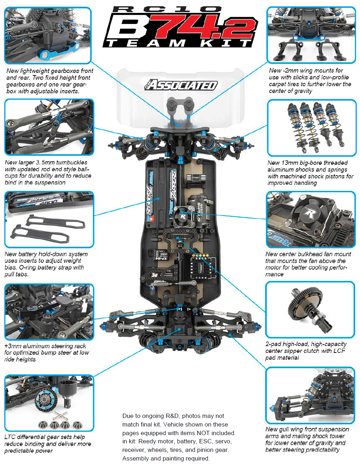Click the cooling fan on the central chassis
pyautogui.click(x=182, y=216)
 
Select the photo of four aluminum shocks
pyautogui.click(x=312, y=128)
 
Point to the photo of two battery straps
pyautogui.click(x=49, y=220)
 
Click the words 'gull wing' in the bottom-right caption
pyautogui.click(x=292, y=429)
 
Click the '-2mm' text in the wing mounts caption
pyautogui.click(x=291, y=71)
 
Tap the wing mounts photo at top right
pyautogui.click(x=311, y=35)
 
